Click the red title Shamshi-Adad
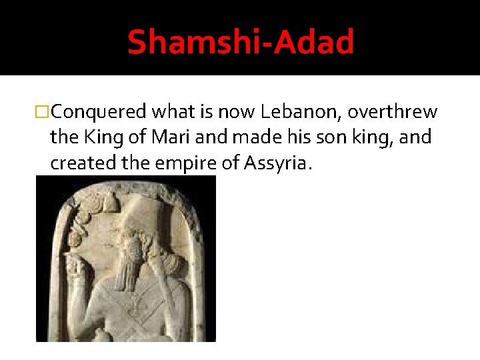pos(240,41)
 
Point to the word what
pos(173,111)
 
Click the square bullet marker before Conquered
pos(42,112)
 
